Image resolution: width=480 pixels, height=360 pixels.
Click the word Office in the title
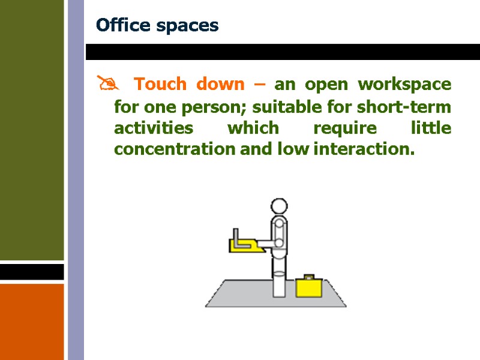point(122,26)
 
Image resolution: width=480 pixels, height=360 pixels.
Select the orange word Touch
point(160,84)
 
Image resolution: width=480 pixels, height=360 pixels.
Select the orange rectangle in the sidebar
point(31,321)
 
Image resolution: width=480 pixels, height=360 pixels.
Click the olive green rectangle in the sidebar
point(31,129)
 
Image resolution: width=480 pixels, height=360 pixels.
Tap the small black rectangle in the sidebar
point(31,272)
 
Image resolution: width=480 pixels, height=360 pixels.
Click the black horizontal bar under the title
point(282,52)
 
